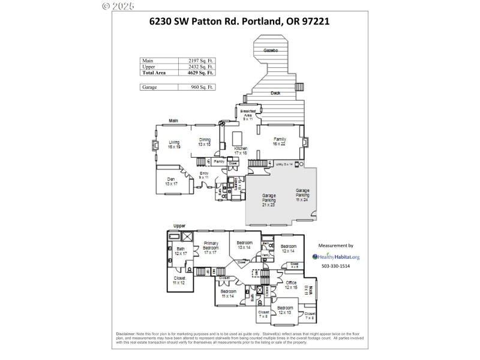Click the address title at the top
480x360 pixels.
(239, 22)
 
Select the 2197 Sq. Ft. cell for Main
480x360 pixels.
(197, 61)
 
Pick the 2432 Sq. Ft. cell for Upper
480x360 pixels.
(197, 67)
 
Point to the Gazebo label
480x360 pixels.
(271, 51)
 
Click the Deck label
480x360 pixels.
(275, 93)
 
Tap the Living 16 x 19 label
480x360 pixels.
(174, 144)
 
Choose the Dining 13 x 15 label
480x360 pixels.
(205, 142)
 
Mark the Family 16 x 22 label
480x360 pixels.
(280, 141)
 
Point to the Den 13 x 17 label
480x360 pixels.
(172, 182)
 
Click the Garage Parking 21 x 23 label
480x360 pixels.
(268, 200)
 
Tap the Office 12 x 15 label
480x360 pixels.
(291, 285)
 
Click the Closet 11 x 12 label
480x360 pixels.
(179, 280)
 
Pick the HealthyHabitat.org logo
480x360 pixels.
(335, 257)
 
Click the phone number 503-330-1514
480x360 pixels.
(335, 266)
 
